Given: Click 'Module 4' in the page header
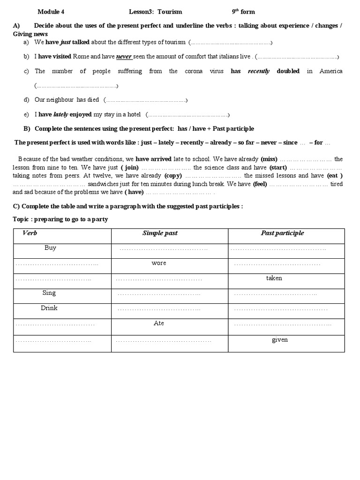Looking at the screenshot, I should click(x=51, y=12).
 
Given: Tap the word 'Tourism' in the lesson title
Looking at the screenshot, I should click(x=171, y=12).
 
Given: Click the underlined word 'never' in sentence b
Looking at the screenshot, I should click(x=124, y=57).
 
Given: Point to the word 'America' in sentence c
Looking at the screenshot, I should click(x=330, y=71).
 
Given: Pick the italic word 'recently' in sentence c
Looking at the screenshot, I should click(x=259, y=71).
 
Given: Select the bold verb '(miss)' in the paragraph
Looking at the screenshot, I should click(x=269, y=159).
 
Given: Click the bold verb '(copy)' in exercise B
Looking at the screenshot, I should click(x=173, y=176).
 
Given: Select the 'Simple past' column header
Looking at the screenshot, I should click(x=160, y=233).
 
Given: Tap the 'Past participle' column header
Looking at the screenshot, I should click(x=282, y=233).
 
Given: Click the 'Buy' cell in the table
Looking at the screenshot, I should click(x=50, y=248).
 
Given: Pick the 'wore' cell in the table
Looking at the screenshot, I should click(x=159, y=263).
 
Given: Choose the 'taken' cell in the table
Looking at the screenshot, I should click(x=274, y=278).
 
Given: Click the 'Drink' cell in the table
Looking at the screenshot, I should click(x=49, y=308).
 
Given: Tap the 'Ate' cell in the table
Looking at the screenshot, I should click(x=159, y=323).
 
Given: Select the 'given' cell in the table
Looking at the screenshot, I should click(x=280, y=340).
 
